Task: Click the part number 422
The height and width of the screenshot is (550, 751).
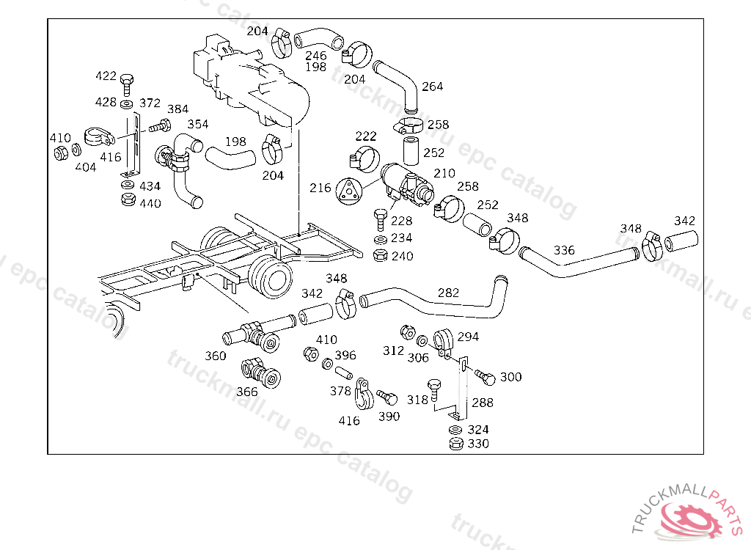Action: pos(106,76)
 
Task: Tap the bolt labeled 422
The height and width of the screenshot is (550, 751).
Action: pos(128,82)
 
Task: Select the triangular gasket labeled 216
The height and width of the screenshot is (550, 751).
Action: pos(349,189)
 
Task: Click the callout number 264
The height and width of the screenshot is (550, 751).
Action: pos(432,87)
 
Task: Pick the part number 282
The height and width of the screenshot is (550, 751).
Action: pos(448,293)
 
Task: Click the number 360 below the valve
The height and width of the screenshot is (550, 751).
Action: pos(216,356)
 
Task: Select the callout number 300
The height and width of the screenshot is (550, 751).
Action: pos(510,377)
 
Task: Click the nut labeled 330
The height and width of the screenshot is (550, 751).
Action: pos(455,444)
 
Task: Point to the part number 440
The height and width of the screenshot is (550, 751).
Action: pos(150,203)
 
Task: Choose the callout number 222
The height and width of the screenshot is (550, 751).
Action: pos(366,136)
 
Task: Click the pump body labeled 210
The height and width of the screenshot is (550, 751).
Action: pos(403,181)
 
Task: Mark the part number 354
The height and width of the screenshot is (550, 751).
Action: pos(197,124)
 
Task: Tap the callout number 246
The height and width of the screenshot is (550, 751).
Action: pos(316,56)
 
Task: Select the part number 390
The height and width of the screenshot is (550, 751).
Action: pos(389,417)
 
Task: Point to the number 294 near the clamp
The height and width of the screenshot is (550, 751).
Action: pos(468,337)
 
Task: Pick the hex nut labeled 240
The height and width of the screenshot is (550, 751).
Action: pos(380,255)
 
